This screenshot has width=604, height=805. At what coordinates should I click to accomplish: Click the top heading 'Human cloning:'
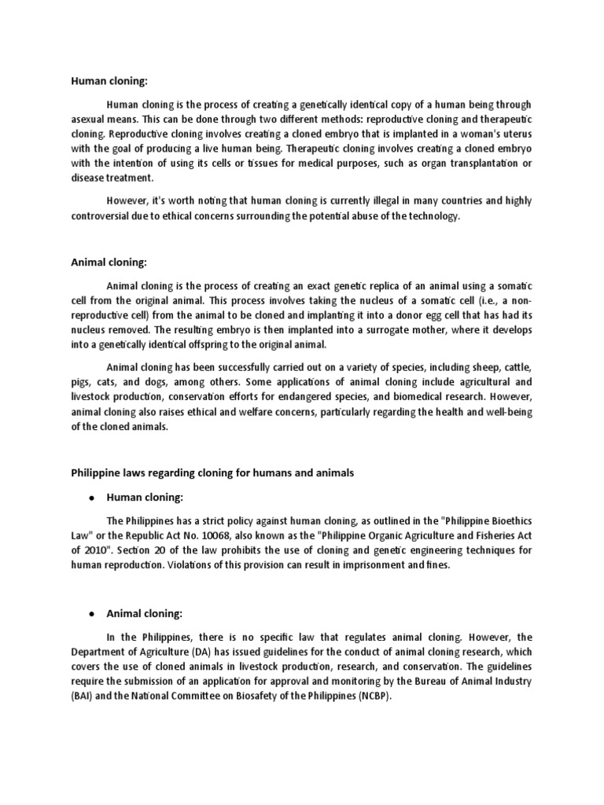click(103, 80)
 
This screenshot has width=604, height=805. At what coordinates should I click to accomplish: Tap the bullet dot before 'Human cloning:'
click(91, 498)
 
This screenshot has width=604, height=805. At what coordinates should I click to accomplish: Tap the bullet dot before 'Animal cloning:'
click(91, 613)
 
